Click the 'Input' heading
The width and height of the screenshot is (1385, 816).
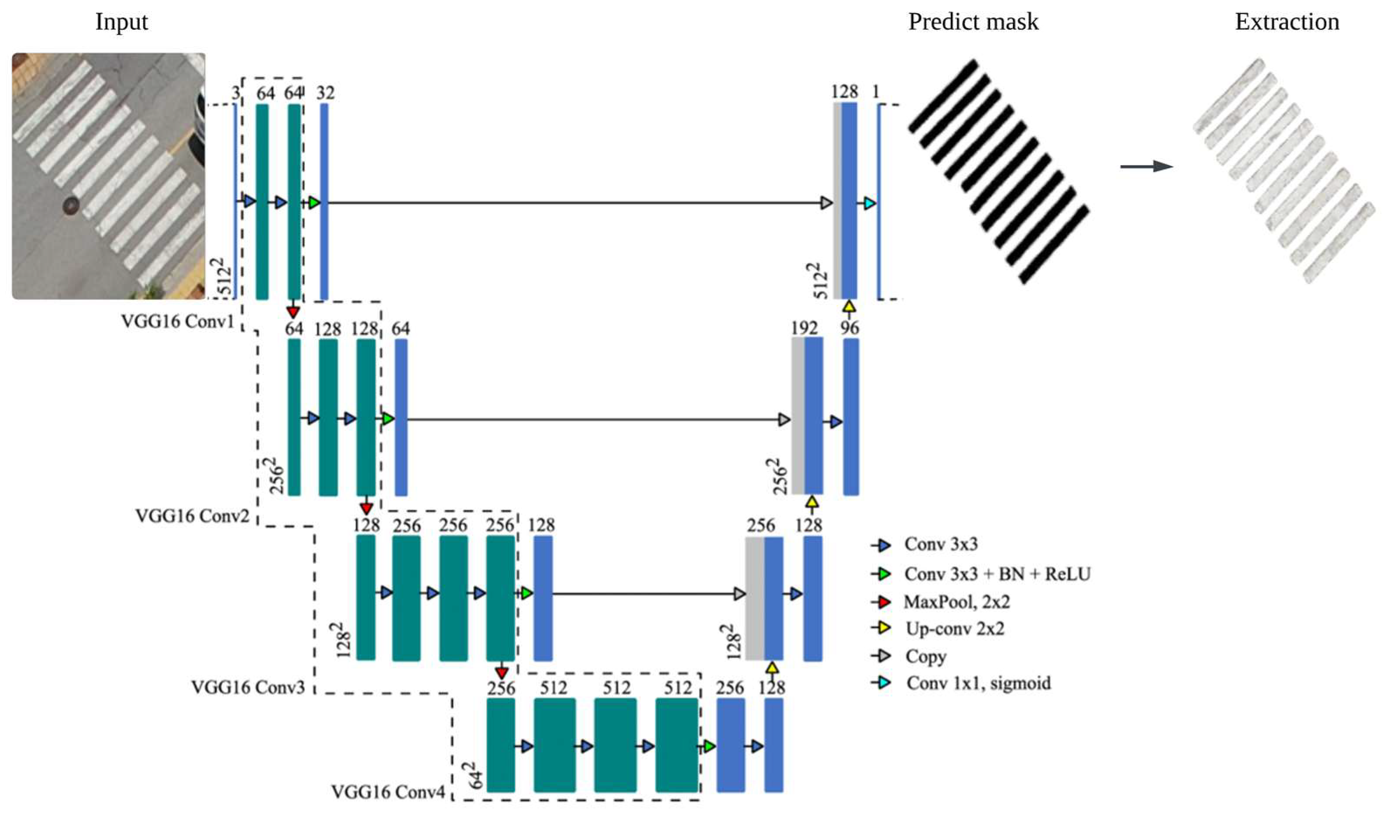point(121,22)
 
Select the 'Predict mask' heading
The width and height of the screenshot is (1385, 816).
point(973,22)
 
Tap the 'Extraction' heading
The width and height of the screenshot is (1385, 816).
point(1287,22)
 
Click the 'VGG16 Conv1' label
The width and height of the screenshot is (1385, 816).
point(177,321)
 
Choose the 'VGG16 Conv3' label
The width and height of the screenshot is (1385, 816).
point(247,687)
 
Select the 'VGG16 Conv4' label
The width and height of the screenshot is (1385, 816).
point(388,792)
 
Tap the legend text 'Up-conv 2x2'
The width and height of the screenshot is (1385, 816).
point(955,629)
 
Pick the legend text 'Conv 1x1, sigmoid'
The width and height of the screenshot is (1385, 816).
point(978,684)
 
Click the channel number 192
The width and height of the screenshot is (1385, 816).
point(804,328)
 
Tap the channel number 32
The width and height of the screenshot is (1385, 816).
point(325,93)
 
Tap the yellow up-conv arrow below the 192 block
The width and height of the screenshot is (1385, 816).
point(812,502)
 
